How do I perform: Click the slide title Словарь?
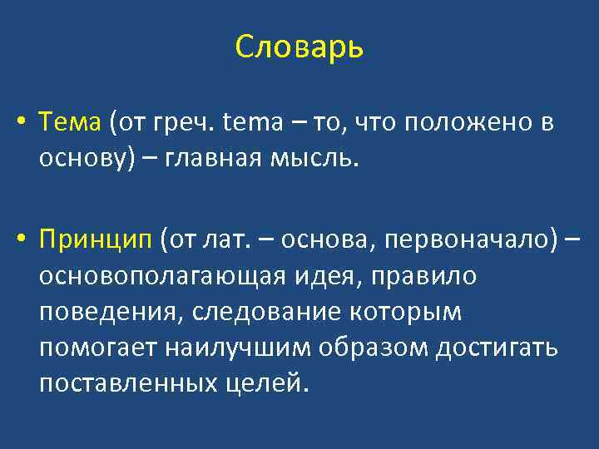299,47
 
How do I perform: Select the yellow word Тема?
70,122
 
